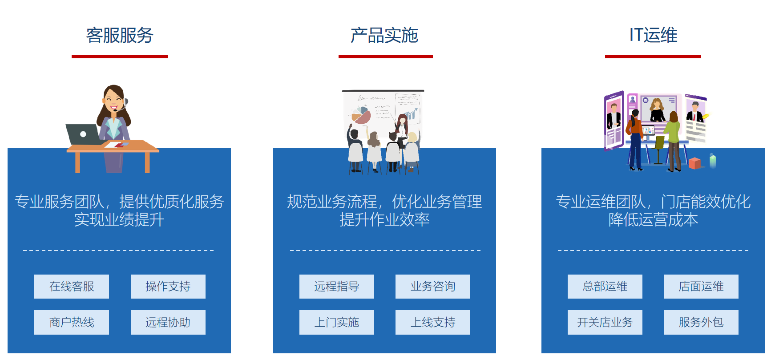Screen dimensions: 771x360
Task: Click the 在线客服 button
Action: (72, 287)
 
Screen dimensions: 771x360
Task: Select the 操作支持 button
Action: (168, 287)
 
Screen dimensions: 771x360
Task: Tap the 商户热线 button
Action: (72, 322)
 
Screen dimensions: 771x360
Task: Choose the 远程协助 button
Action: (168, 322)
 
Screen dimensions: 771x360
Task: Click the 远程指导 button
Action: (337, 287)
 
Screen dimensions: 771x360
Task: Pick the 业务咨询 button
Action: (433, 287)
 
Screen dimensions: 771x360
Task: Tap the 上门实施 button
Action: (337, 322)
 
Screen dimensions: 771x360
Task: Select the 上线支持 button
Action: (433, 322)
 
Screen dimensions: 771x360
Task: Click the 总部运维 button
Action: (605, 287)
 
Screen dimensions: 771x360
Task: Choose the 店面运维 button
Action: (701, 287)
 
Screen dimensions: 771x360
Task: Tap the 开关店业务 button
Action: (605, 322)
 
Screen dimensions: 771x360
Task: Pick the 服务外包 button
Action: (701, 322)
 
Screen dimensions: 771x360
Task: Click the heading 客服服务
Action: (120, 35)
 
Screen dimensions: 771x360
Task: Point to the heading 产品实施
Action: (385, 35)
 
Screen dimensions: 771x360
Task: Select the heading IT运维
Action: (653, 35)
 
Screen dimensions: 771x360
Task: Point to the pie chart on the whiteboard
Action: (361, 115)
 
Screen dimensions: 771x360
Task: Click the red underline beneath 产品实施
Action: (386, 57)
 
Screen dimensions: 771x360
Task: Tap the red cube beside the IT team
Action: (694, 163)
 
